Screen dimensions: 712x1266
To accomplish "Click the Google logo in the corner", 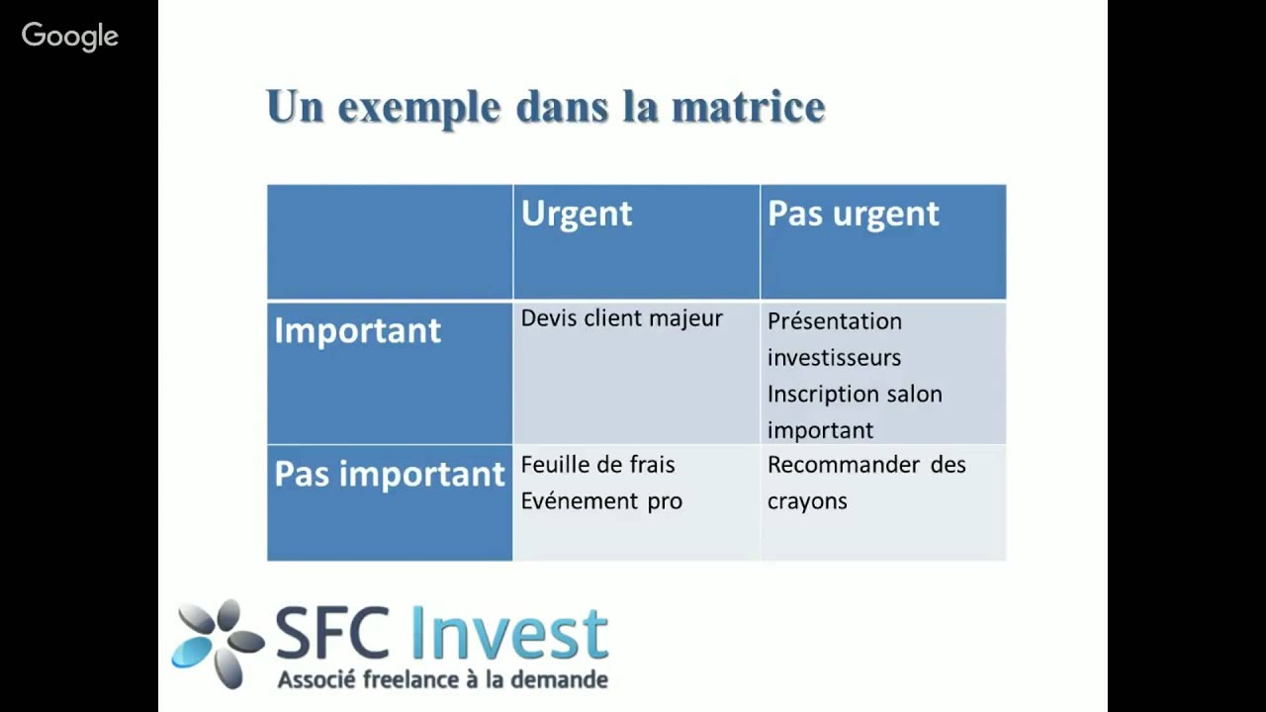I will (x=70, y=37).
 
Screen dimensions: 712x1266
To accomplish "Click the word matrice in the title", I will (x=748, y=107).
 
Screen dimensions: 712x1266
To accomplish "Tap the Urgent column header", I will (x=576, y=214).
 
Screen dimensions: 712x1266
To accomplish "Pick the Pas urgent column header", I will (x=853, y=214).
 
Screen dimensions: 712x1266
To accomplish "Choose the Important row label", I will (x=357, y=330).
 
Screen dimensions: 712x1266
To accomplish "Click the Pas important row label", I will (x=389, y=474).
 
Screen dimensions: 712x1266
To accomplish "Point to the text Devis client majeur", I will (x=621, y=318).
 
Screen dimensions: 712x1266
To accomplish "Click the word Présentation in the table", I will (x=834, y=321).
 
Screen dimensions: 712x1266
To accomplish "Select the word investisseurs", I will (x=834, y=357).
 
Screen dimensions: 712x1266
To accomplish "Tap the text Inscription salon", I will (x=855, y=394).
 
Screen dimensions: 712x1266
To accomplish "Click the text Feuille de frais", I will (x=597, y=465).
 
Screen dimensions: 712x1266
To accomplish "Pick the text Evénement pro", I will (x=601, y=500).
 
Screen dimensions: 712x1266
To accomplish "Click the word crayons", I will (x=807, y=500).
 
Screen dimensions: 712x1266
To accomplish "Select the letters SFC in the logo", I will (x=331, y=635).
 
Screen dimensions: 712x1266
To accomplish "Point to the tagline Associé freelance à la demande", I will (x=442, y=679).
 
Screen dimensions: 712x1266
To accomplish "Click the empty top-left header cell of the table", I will (x=390, y=241).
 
